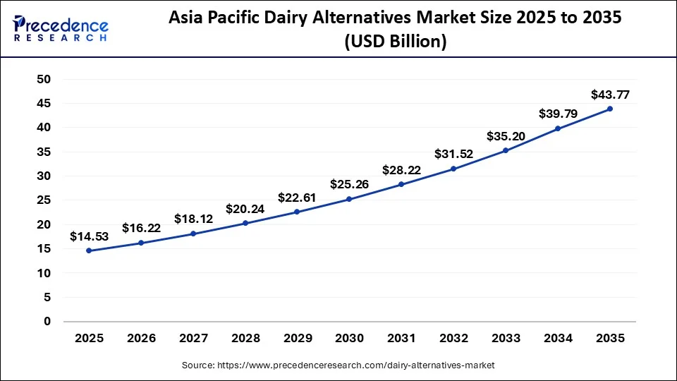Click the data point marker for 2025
89,250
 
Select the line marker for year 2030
349,199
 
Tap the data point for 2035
610,109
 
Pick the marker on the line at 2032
453,169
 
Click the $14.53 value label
89,237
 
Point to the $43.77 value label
610,95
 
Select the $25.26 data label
349,185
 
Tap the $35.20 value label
506,137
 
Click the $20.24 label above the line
245,209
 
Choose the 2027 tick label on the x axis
193,339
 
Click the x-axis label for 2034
558,339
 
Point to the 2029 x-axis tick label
297,339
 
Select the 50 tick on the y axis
44,79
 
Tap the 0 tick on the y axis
48,322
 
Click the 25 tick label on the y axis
44,200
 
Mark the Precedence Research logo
61,29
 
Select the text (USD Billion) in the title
395,42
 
